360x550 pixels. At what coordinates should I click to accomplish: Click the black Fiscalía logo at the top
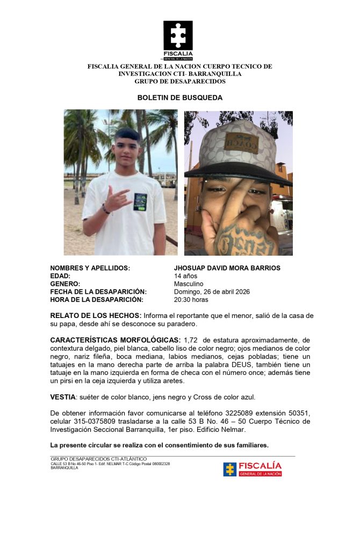pyautogui.click(x=178, y=40)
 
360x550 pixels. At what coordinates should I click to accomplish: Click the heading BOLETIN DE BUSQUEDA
pyautogui.click(x=179, y=98)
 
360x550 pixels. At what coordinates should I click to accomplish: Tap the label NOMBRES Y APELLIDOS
pyautogui.click(x=90, y=268)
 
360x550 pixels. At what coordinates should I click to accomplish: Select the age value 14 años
pyautogui.click(x=186, y=276)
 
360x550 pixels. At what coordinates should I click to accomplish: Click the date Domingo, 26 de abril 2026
pyautogui.click(x=212, y=292)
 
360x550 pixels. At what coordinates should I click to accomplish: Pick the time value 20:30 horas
pyautogui.click(x=191, y=300)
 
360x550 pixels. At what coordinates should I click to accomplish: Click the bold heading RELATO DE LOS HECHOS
pyautogui.click(x=96, y=315)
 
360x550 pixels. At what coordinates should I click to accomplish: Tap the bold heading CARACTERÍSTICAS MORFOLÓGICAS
pyautogui.click(x=115, y=341)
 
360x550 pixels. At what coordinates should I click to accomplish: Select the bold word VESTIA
pyautogui.click(x=62, y=397)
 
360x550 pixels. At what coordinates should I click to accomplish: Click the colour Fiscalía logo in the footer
pyautogui.click(x=253, y=469)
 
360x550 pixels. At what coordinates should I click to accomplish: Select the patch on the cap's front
pyautogui.click(x=241, y=143)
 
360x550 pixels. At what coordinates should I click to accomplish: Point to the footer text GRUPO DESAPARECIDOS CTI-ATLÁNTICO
pyautogui.click(x=98, y=459)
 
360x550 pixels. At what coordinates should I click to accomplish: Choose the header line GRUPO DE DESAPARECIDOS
pyautogui.click(x=179, y=81)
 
